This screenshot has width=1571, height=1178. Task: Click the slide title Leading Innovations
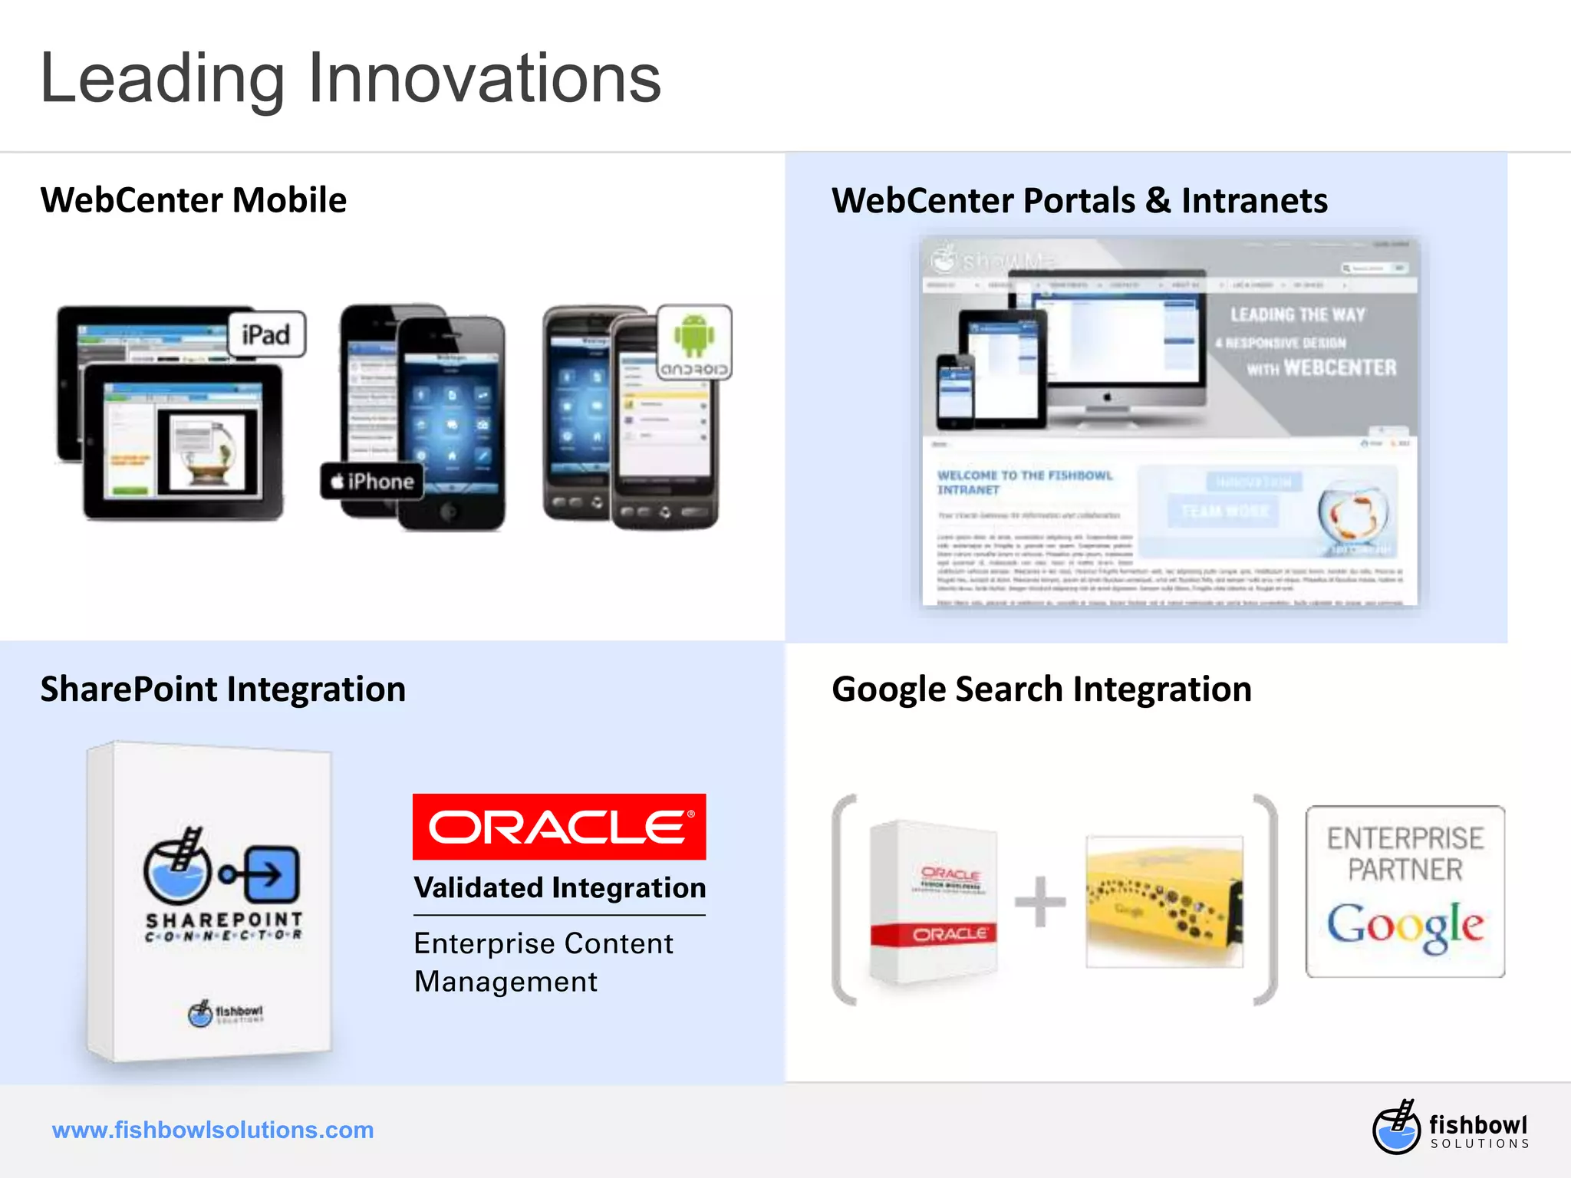click(x=350, y=78)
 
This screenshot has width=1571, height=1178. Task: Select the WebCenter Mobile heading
click(x=193, y=200)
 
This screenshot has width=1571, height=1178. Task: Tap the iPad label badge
click(x=266, y=335)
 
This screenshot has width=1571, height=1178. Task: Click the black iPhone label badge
click(x=372, y=482)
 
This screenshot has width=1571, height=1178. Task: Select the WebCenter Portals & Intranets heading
click(x=1079, y=201)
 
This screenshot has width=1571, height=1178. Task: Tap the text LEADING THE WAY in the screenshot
click(x=1297, y=315)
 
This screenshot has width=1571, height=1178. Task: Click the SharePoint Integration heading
click(x=222, y=689)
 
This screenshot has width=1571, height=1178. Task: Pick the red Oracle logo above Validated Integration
click(x=559, y=827)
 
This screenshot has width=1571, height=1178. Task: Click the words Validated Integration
click(x=559, y=888)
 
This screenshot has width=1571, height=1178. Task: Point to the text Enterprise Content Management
click(x=543, y=962)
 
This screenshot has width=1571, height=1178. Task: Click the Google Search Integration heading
click(x=1041, y=689)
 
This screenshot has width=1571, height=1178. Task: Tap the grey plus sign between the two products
click(x=1040, y=902)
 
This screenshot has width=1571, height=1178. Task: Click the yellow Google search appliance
click(x=1164, y=902)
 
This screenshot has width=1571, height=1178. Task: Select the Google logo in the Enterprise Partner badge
click(x=1405, y=926)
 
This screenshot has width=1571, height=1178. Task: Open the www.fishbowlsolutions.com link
click(x=212, y=1130)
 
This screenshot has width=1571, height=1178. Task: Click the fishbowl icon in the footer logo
click(x=1396, y=1127)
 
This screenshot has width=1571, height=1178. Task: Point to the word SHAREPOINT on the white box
click(x=224, y=920)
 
